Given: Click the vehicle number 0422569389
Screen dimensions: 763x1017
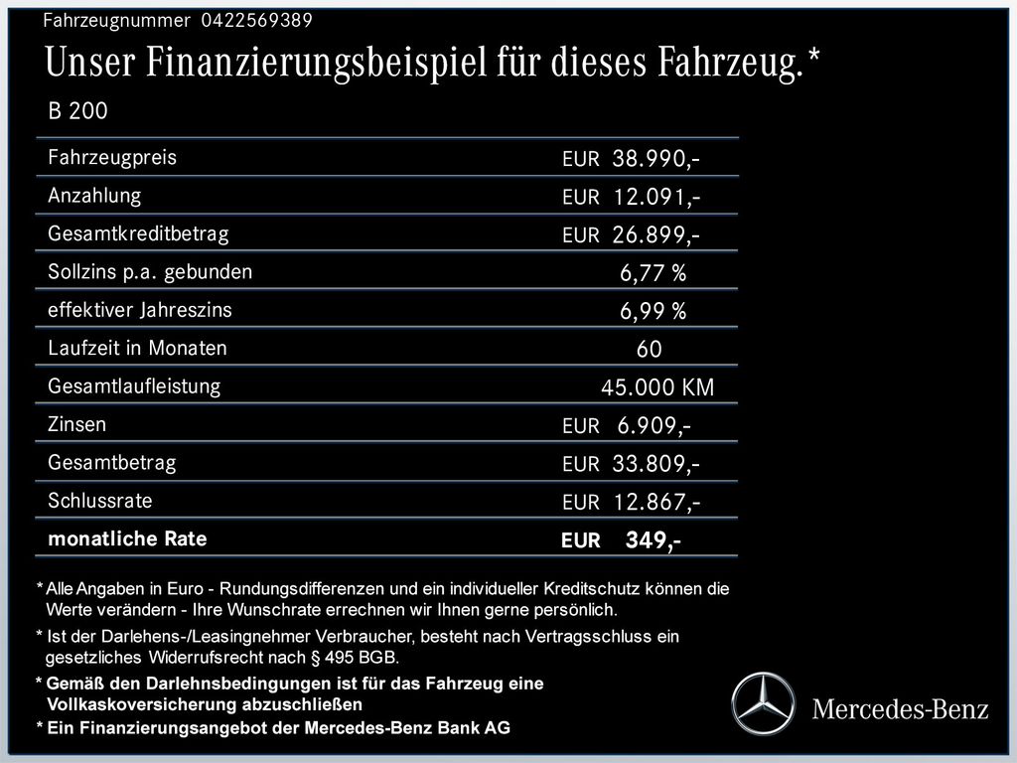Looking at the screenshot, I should (x=256, y=20).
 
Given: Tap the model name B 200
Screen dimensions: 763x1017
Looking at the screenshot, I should (x=77, y=111).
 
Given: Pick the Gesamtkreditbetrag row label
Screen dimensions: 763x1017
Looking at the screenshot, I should (x=138, y=234).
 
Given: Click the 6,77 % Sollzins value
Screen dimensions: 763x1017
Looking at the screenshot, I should (x=653, y=273).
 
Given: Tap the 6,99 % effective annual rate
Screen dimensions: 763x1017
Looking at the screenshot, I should (x=653, y=312).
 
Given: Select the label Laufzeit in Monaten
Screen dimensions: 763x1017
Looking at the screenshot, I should (x=137, y=349).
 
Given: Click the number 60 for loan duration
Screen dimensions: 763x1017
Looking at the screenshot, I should (x=649, y=350).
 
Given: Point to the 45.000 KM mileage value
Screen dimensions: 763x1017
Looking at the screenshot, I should (x=656, y=387).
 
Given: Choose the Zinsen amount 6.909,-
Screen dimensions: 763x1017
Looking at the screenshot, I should (x=654, y=426).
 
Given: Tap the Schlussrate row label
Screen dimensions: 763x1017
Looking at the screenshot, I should (x=100, y=501).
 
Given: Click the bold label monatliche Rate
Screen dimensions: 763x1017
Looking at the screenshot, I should (x=127, y=539).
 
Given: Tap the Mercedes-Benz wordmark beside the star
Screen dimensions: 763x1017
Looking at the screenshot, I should (x=901, y=709).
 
